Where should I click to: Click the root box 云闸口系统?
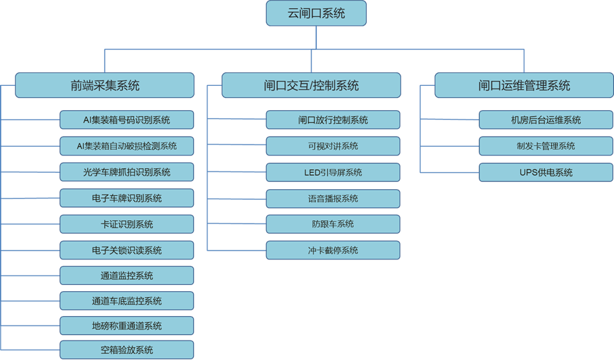(316, 14)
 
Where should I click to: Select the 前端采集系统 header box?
(105, 86)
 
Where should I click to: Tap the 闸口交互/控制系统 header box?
(311, 86)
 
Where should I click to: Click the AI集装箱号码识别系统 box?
(127, 120)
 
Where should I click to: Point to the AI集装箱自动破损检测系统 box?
(127, 146)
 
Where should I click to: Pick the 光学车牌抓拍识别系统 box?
(127, 172)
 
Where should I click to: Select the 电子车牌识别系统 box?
(127, 198)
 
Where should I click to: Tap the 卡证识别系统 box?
(127, 224)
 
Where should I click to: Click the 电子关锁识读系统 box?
(127, 250)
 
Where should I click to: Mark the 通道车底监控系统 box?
(127, 301)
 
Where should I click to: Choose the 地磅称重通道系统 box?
(127, 326)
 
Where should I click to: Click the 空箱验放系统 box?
(127, 350)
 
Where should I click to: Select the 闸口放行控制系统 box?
(333, 120)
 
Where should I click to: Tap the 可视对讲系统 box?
(333, 146)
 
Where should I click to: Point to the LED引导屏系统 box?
(333, 172)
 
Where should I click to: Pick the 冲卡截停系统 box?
(333, 250)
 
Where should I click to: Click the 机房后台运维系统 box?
(546, 120)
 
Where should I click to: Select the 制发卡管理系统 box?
(546, 146)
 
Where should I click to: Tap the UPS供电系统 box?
(546, 172)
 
